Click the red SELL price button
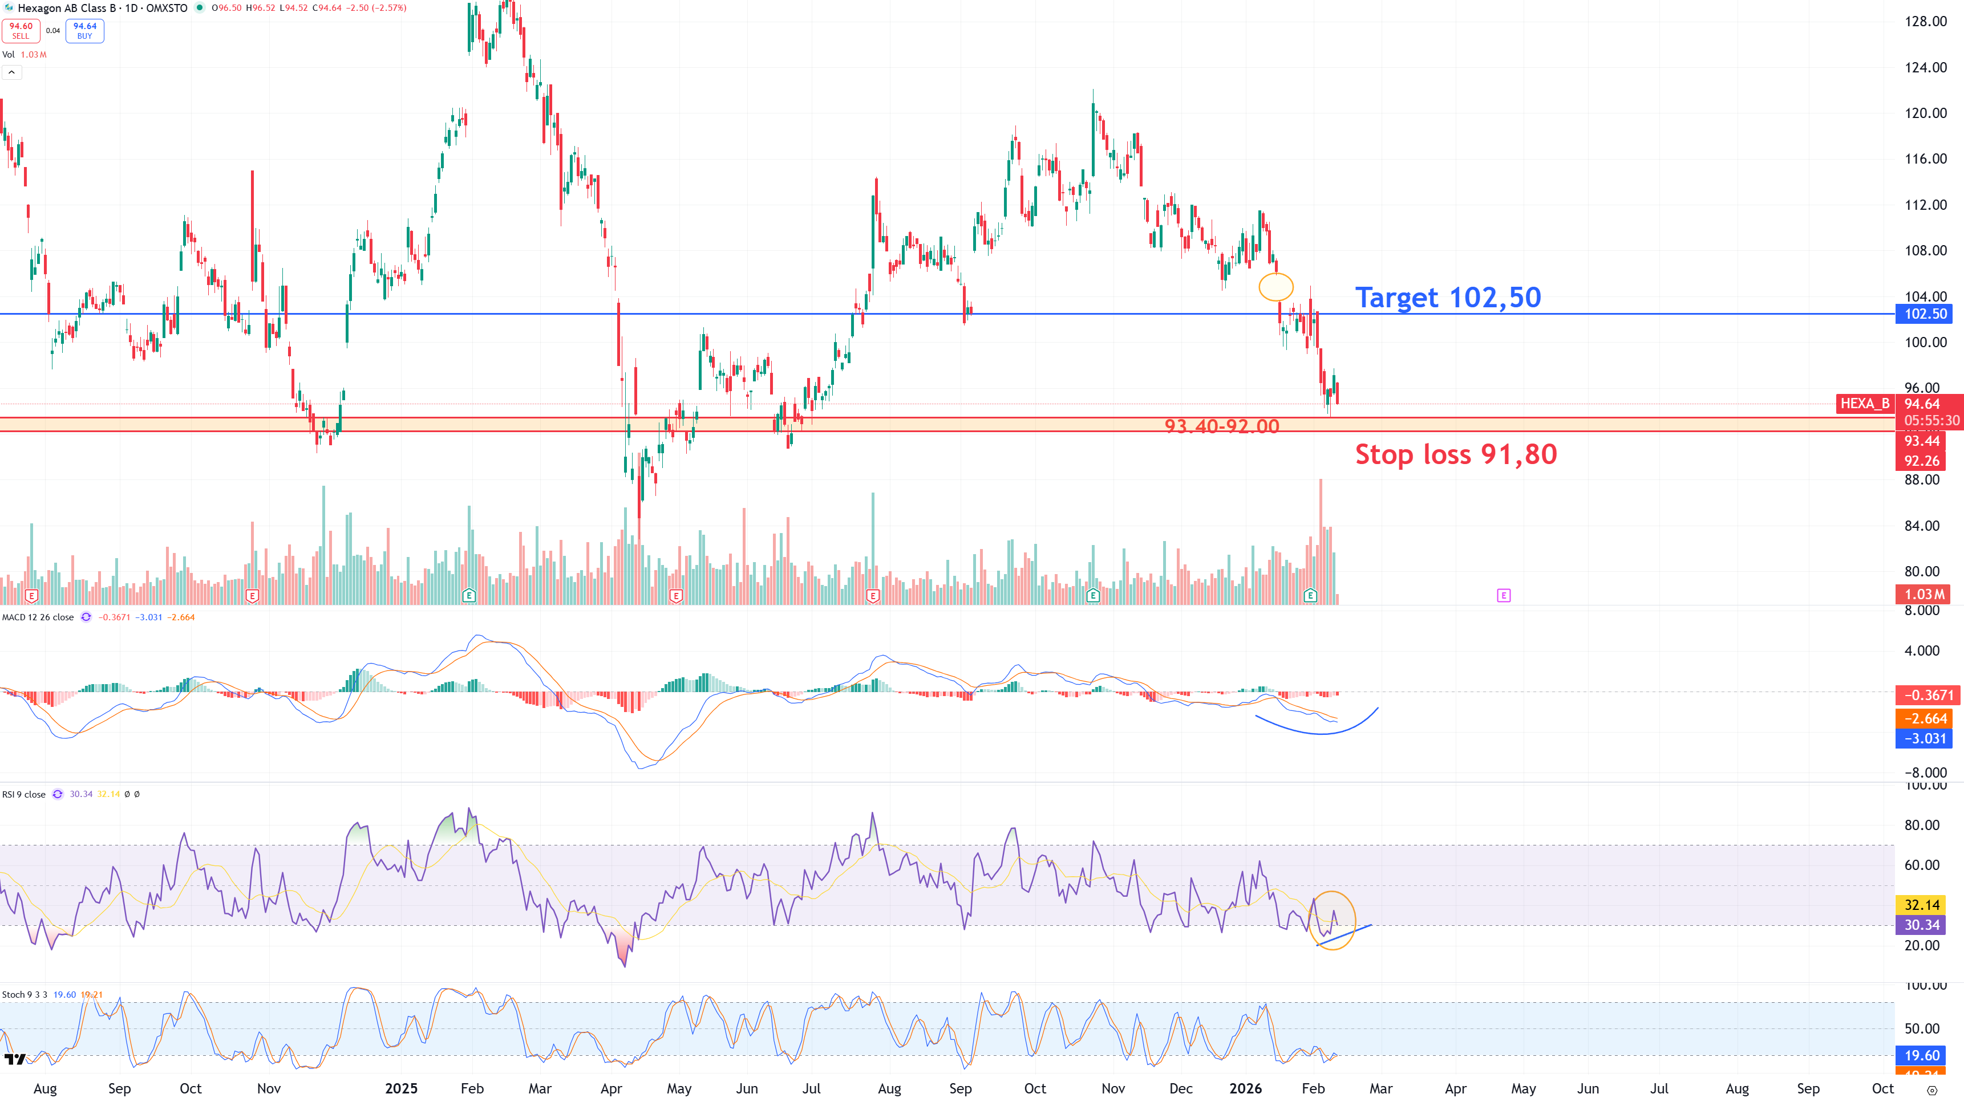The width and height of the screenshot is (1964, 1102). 21,30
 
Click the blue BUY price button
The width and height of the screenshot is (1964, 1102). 84,30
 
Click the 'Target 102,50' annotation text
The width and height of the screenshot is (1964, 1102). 1447,297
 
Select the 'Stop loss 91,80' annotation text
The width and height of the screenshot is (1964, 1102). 1456,454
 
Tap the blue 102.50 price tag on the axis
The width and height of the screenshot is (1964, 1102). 1925,314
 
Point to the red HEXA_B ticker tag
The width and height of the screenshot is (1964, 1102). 1865,404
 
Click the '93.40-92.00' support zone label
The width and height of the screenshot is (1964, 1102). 1221,426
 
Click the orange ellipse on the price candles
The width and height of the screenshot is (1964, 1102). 1275,287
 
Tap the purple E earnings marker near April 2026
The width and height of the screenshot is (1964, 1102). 1504,595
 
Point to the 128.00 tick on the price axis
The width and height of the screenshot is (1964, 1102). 1925,21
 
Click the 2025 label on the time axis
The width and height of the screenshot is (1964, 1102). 401,1088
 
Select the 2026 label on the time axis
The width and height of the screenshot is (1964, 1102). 1245,1088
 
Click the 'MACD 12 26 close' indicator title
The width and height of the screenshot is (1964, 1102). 38,617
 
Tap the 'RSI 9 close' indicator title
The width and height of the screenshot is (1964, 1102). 23,794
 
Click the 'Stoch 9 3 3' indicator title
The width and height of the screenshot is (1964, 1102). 25,995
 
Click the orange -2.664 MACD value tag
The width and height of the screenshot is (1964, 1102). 1925,719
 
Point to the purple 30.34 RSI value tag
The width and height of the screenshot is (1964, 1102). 1921,925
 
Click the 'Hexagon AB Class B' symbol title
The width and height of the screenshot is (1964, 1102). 66,7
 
